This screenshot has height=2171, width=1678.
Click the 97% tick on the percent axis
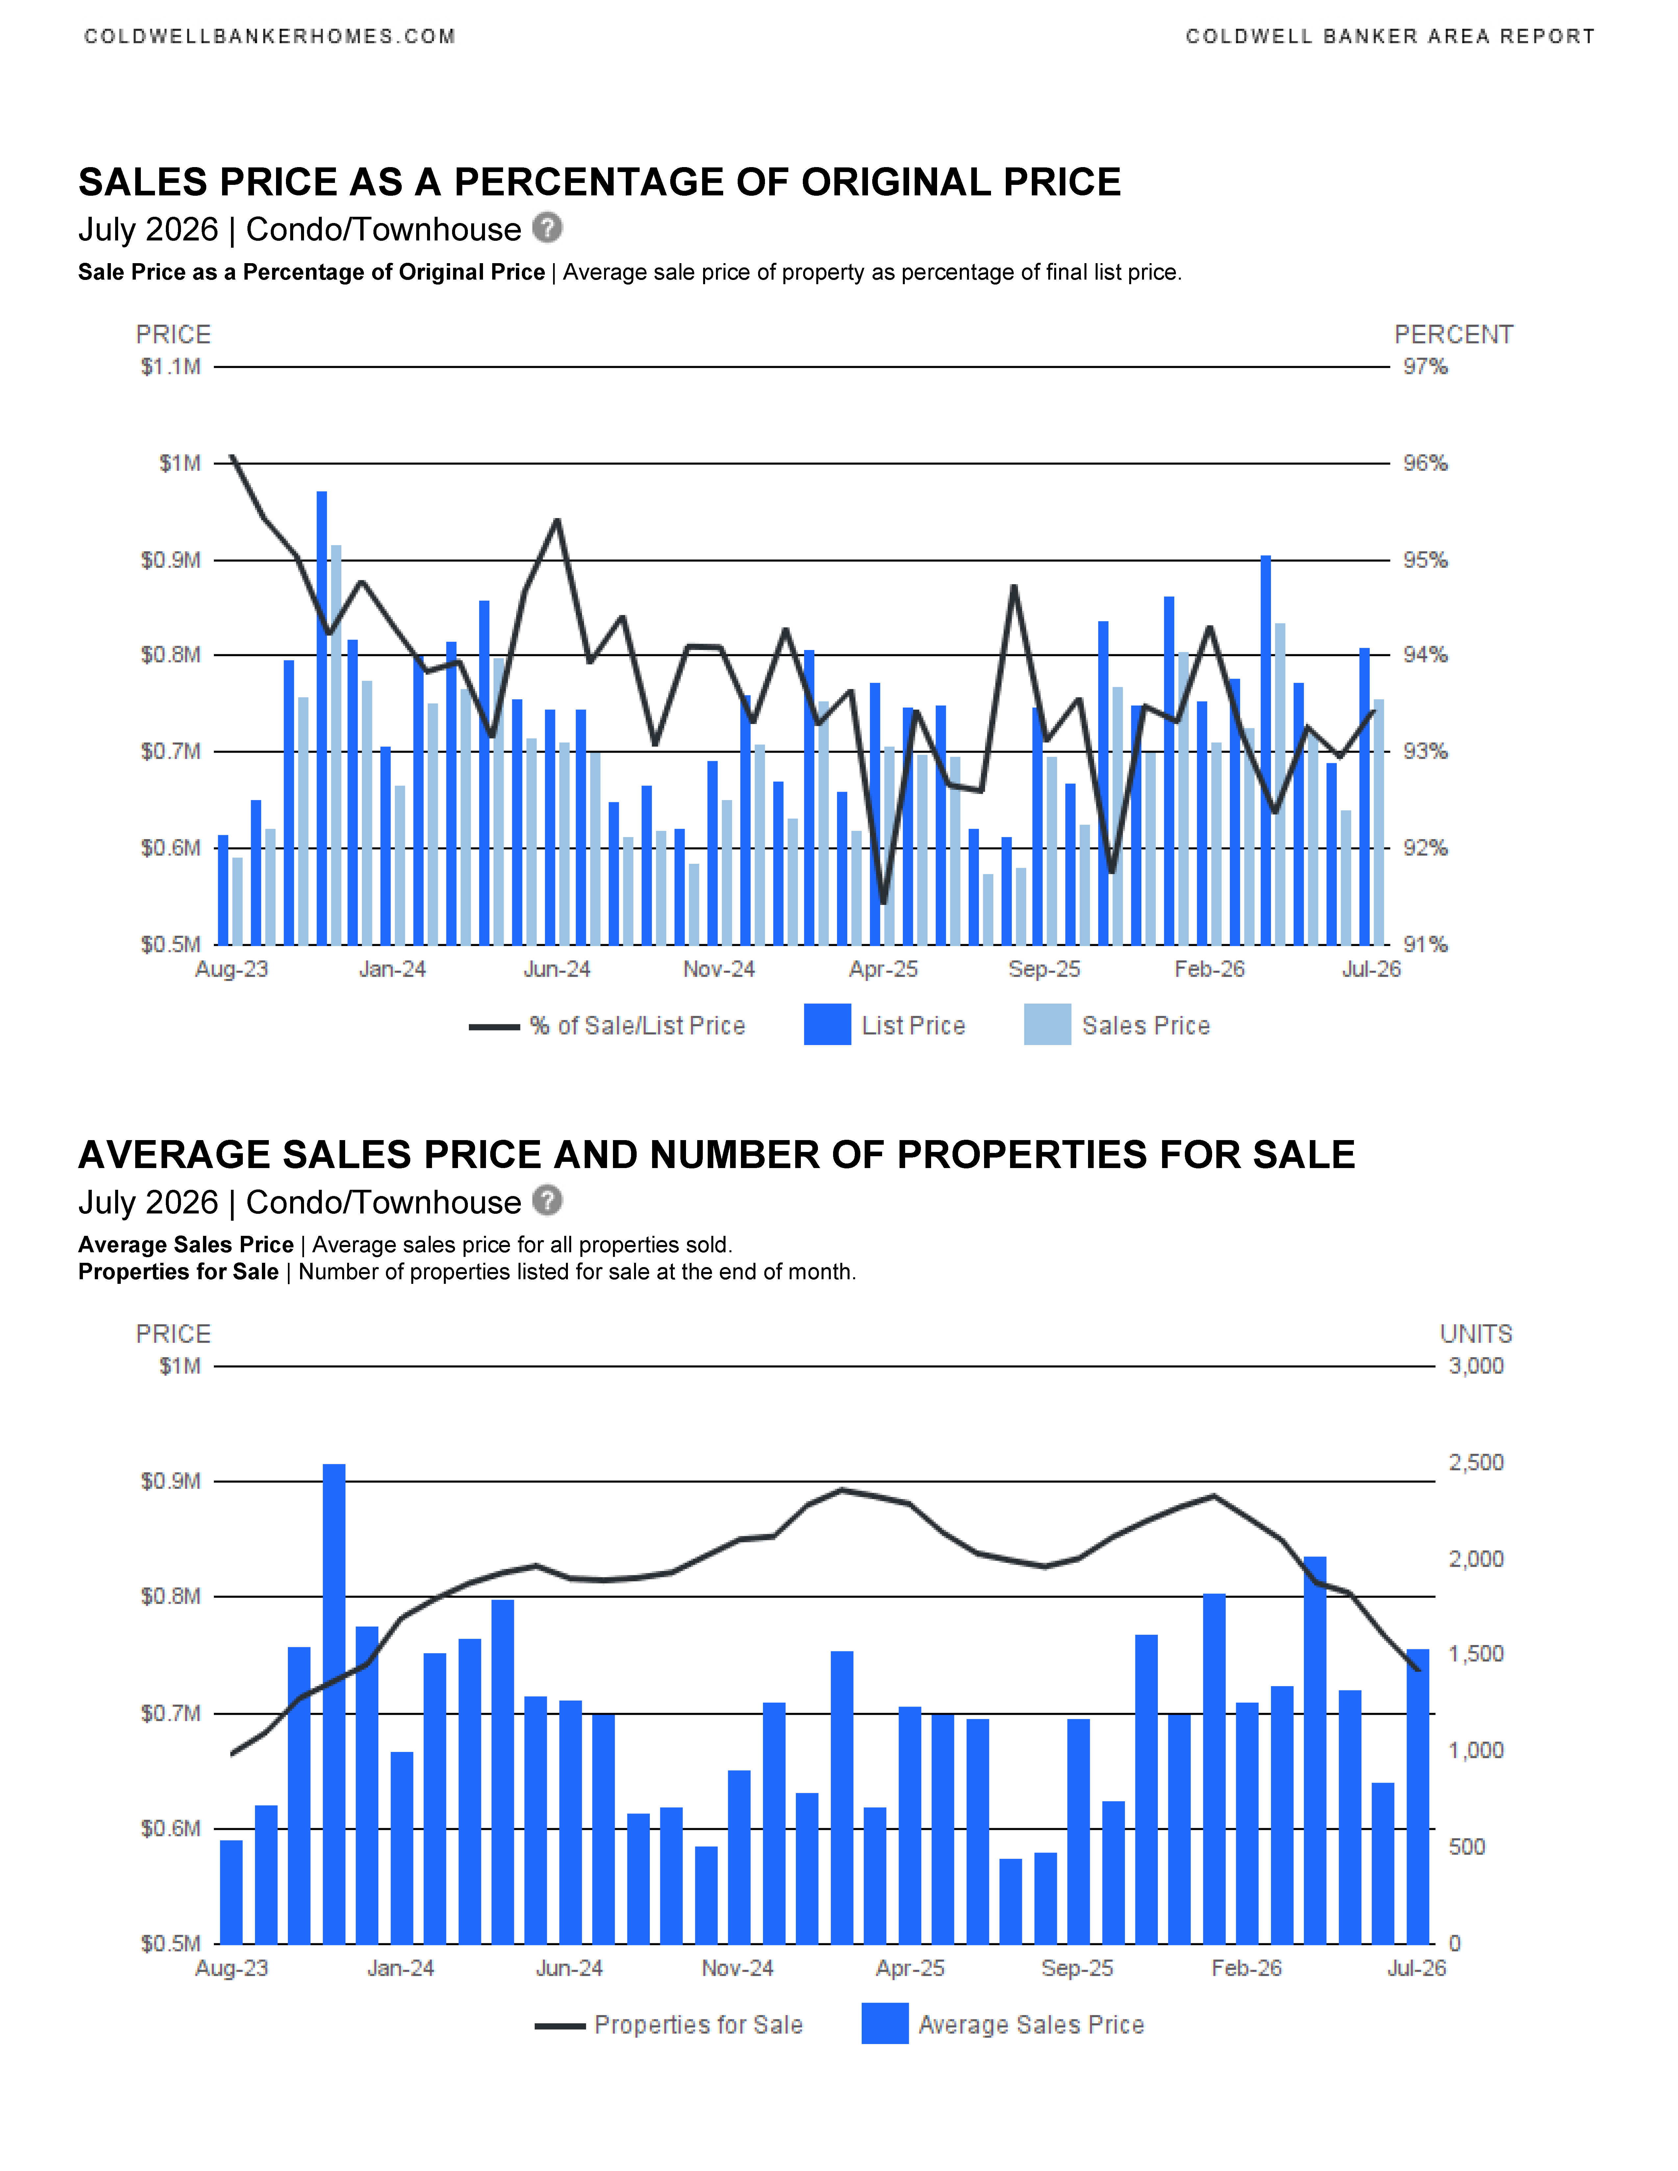[1425, 367]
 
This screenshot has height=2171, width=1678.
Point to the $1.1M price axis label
[171, 367]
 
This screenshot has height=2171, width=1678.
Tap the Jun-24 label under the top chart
[557, 969]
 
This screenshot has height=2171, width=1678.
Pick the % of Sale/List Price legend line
[494, 1027]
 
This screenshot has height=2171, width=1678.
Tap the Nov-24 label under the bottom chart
[738, 1968]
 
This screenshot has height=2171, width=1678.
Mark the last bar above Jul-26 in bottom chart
[1417, 1796]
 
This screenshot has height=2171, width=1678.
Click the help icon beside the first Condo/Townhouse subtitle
[547, 228]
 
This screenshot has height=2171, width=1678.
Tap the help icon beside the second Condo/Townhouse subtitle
[547, 1201]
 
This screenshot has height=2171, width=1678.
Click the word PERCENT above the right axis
[1453, 335]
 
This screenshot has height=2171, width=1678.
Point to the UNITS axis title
[1476, 1334]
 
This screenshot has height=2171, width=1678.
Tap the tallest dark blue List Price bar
[322, 718]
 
